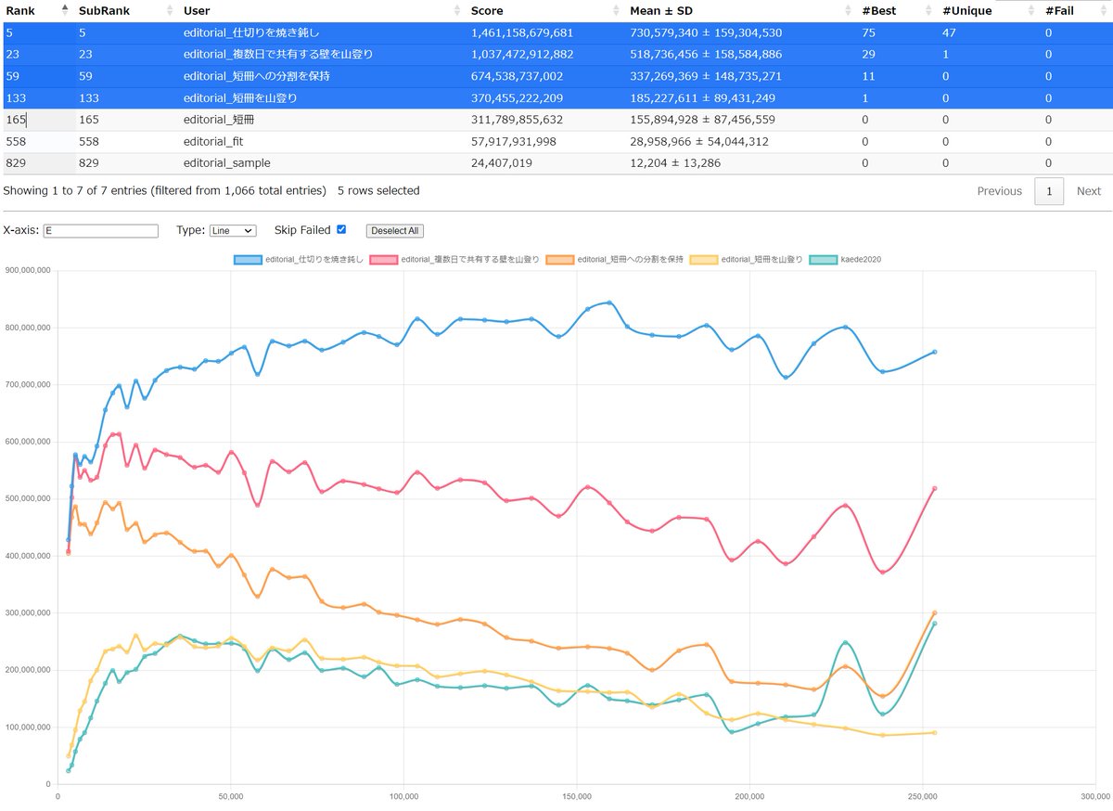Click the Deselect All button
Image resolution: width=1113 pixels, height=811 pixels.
click(x=395, y=231)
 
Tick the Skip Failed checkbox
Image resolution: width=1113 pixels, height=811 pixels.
click(x=341, y=229)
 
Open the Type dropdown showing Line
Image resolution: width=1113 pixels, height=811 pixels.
click(x=233, y=231)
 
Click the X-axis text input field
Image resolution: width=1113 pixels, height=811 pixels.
click(x=101, y=231)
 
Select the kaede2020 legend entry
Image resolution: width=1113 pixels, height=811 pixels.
click(x=845, y=260)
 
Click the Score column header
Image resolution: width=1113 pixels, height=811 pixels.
click(x=487, y=10)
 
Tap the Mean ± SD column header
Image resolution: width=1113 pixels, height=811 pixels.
click(x=660, y=10)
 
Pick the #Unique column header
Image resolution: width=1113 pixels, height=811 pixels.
click(x=966, y=10)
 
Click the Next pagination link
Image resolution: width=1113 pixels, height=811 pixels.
click(x=1088, y=191)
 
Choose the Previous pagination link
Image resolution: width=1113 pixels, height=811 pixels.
click(x=999, y=191)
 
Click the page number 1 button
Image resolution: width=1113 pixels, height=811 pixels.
click(x=1049, y=191)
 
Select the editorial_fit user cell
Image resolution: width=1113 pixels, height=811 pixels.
click(x=213, y=142)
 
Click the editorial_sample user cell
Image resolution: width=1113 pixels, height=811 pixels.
click(x=226, y=163)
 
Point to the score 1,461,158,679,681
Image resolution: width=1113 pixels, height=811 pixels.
click(x=521, y=32)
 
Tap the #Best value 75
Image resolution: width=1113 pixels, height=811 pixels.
click(x=868, y=32)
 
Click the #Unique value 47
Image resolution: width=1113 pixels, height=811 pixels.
click(x=949, y=32)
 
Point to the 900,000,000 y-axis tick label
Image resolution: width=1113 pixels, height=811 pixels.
click(x=28, y=271)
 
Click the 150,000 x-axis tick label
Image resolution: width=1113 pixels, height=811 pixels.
click(x=577, y=796)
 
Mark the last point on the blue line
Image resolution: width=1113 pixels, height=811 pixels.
click(x=935, y=352)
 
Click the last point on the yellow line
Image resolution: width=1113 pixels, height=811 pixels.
click(x=935, y=732)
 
